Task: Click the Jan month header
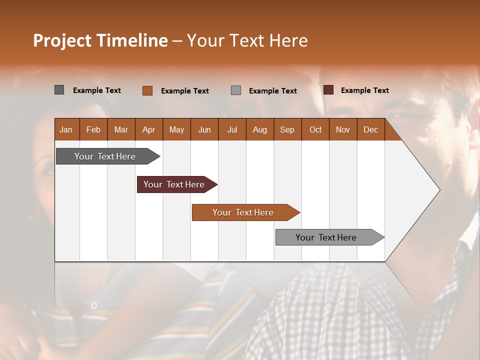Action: (66, 129)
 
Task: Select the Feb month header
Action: (93, 129)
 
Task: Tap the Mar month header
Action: (121, 129)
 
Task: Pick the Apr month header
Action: (149, 129)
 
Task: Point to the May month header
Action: (176, 129)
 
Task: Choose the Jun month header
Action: (204, 129)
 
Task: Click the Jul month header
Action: (232, 129)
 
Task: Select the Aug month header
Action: (260, 129)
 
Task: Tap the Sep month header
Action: (287, 129)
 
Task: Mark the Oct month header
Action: (315, 129)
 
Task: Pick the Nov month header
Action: (343, 129)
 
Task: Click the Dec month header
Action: (371, 129)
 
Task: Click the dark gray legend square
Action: (59, 90)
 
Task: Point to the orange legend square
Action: (147, 90)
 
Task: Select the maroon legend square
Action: (328, 90)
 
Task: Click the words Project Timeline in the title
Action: (100, 40)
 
